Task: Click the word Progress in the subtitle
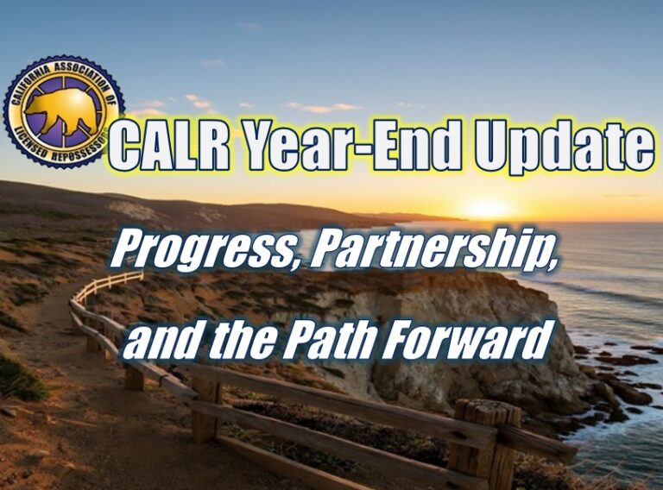[x=203, y=251]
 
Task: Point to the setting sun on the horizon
[x=488, y=209]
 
